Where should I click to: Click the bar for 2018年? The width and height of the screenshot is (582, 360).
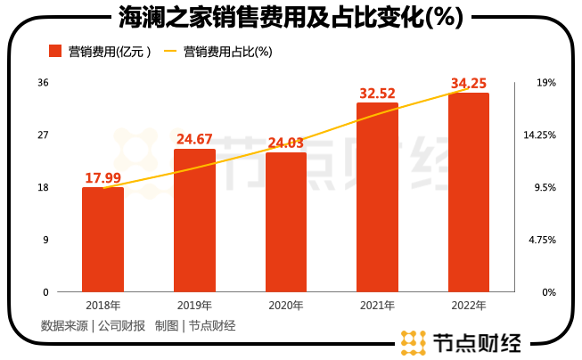(102, 240)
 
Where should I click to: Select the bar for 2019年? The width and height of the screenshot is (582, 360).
(194, 220)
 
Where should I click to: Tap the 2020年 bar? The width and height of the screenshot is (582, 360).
(286, 222)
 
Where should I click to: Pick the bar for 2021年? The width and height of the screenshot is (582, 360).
(377, 197)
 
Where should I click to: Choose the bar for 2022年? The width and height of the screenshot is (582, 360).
(469, 192)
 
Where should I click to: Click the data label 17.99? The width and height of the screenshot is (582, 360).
(103, 178)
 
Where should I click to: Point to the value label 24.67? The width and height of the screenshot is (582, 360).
(194, 139)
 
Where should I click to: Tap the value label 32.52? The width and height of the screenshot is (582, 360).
(378, 94)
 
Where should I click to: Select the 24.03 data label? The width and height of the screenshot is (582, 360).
(286, 143)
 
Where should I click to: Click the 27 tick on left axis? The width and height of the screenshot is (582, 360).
(43, 135)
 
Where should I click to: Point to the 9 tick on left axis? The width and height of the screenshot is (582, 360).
(45, 240)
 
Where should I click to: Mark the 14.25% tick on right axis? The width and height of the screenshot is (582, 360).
(540, 135)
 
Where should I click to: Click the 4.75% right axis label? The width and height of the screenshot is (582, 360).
(542, 240)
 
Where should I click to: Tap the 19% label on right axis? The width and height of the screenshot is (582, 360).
(546, 82)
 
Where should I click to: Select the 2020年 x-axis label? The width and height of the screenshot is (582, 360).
(286, 306)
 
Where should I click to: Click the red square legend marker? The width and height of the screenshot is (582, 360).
(55, 51)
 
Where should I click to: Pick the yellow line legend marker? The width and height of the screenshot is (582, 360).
(170, 51)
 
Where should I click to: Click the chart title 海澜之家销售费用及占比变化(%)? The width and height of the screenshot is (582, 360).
(291, 17)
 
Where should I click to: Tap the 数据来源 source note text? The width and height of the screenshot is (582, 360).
(64, 326)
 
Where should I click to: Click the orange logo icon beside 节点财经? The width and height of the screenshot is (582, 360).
(414, 342)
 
